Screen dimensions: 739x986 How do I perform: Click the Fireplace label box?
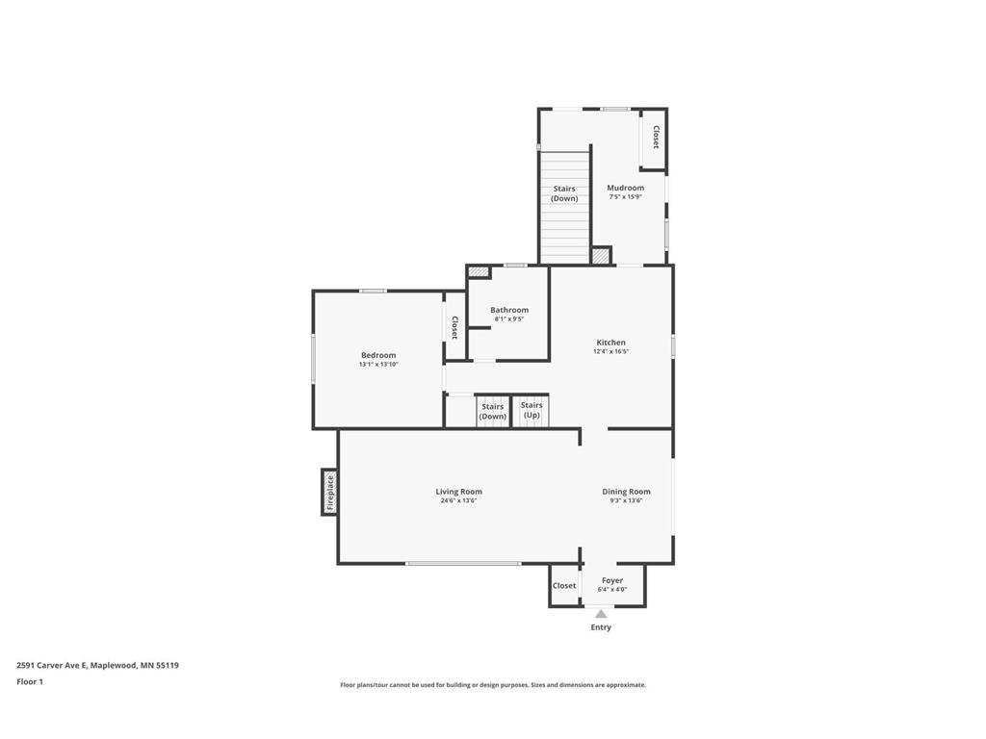(x=329, y=492)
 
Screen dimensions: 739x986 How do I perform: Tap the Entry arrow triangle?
(x=601, y=613)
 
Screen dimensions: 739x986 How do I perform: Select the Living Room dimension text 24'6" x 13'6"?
(x=458, y=500)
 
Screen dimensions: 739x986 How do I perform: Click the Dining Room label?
(x=626, y=492)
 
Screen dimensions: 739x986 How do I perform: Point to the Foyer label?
(x=612, y=580)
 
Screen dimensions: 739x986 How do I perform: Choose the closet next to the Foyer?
(x=564, y=586)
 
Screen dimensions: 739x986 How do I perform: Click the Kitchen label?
(x=610, y=343)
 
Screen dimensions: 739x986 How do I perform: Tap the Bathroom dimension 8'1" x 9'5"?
(x=508, y=319)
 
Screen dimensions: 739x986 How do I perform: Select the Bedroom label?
(x=378, y=355)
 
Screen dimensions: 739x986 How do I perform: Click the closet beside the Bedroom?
(x=454, y=327)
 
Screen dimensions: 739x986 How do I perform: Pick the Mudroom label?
(x=625, y=188)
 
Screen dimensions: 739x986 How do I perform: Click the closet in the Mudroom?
(x=655, y=138)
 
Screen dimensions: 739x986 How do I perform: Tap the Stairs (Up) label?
(x=532, y=410)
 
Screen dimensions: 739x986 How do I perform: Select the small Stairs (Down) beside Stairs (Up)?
(x=493, y=411)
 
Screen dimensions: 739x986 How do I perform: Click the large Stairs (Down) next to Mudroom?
(x=564, y=194)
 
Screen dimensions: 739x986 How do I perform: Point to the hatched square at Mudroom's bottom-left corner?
(x=600, y=256)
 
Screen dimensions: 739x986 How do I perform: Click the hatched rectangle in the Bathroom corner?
(x=479, y=272)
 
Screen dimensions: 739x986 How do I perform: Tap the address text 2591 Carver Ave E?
(x=97, y=665)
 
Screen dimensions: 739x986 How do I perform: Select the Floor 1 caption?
(x=30, y=681)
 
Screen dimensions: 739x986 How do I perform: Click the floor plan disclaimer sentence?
(x=492, y=685)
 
